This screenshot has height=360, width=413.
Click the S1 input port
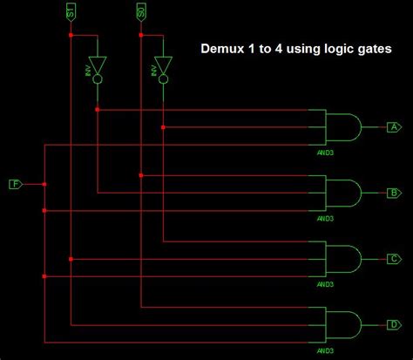[x=71, y=11]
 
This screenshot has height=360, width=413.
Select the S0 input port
[x=141, y=11]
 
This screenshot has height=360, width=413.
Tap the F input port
[x=16, y=184]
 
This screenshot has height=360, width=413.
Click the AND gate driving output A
[x=341, y=127]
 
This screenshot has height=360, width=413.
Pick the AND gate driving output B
[x=341, y=193]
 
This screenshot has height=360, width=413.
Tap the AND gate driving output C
[x=341, y=259]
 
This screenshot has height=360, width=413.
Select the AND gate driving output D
[x=341, y=324]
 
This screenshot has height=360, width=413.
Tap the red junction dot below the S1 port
[x=71, y=36]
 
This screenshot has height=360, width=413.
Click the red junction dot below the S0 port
[x=141, y=36]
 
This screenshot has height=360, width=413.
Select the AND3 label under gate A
[x=325, y=150]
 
